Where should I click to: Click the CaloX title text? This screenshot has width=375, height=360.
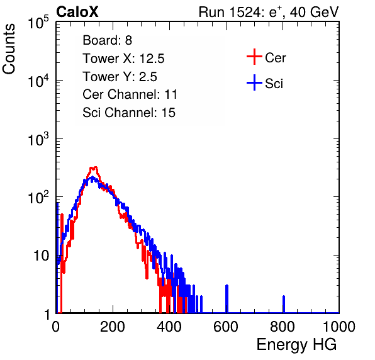tap(77, 12)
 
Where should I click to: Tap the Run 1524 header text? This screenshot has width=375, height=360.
tap(269, 12)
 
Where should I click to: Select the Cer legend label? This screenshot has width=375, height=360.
tap(275, 58)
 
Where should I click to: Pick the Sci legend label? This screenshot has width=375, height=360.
tap(274, 84)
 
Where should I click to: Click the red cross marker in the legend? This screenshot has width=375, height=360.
tap(254, 57)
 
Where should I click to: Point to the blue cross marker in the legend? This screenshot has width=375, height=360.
tap(254, 82)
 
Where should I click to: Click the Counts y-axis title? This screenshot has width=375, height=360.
tap(9, 49)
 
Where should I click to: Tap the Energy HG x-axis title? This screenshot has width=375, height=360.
tap(296, 344)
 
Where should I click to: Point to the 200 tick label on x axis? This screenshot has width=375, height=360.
tap(113, 327)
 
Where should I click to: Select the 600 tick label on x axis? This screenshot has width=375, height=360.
tap(226, 327)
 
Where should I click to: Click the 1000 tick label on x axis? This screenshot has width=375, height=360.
tap(339, 327)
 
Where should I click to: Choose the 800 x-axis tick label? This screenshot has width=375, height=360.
tap(283, 327)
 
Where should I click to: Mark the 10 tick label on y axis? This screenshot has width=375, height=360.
tap(41, 256)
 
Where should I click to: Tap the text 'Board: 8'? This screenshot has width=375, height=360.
tap(108, 40)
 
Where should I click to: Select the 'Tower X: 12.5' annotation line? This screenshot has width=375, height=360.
tap(123, 59)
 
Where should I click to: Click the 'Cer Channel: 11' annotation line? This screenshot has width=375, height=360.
tap(130, 94)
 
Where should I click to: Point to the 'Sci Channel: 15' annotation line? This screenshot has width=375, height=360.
tap(129, 113)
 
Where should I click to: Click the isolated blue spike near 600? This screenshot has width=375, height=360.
tap(227, 299)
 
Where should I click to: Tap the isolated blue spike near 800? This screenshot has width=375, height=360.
tap(284, 304)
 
